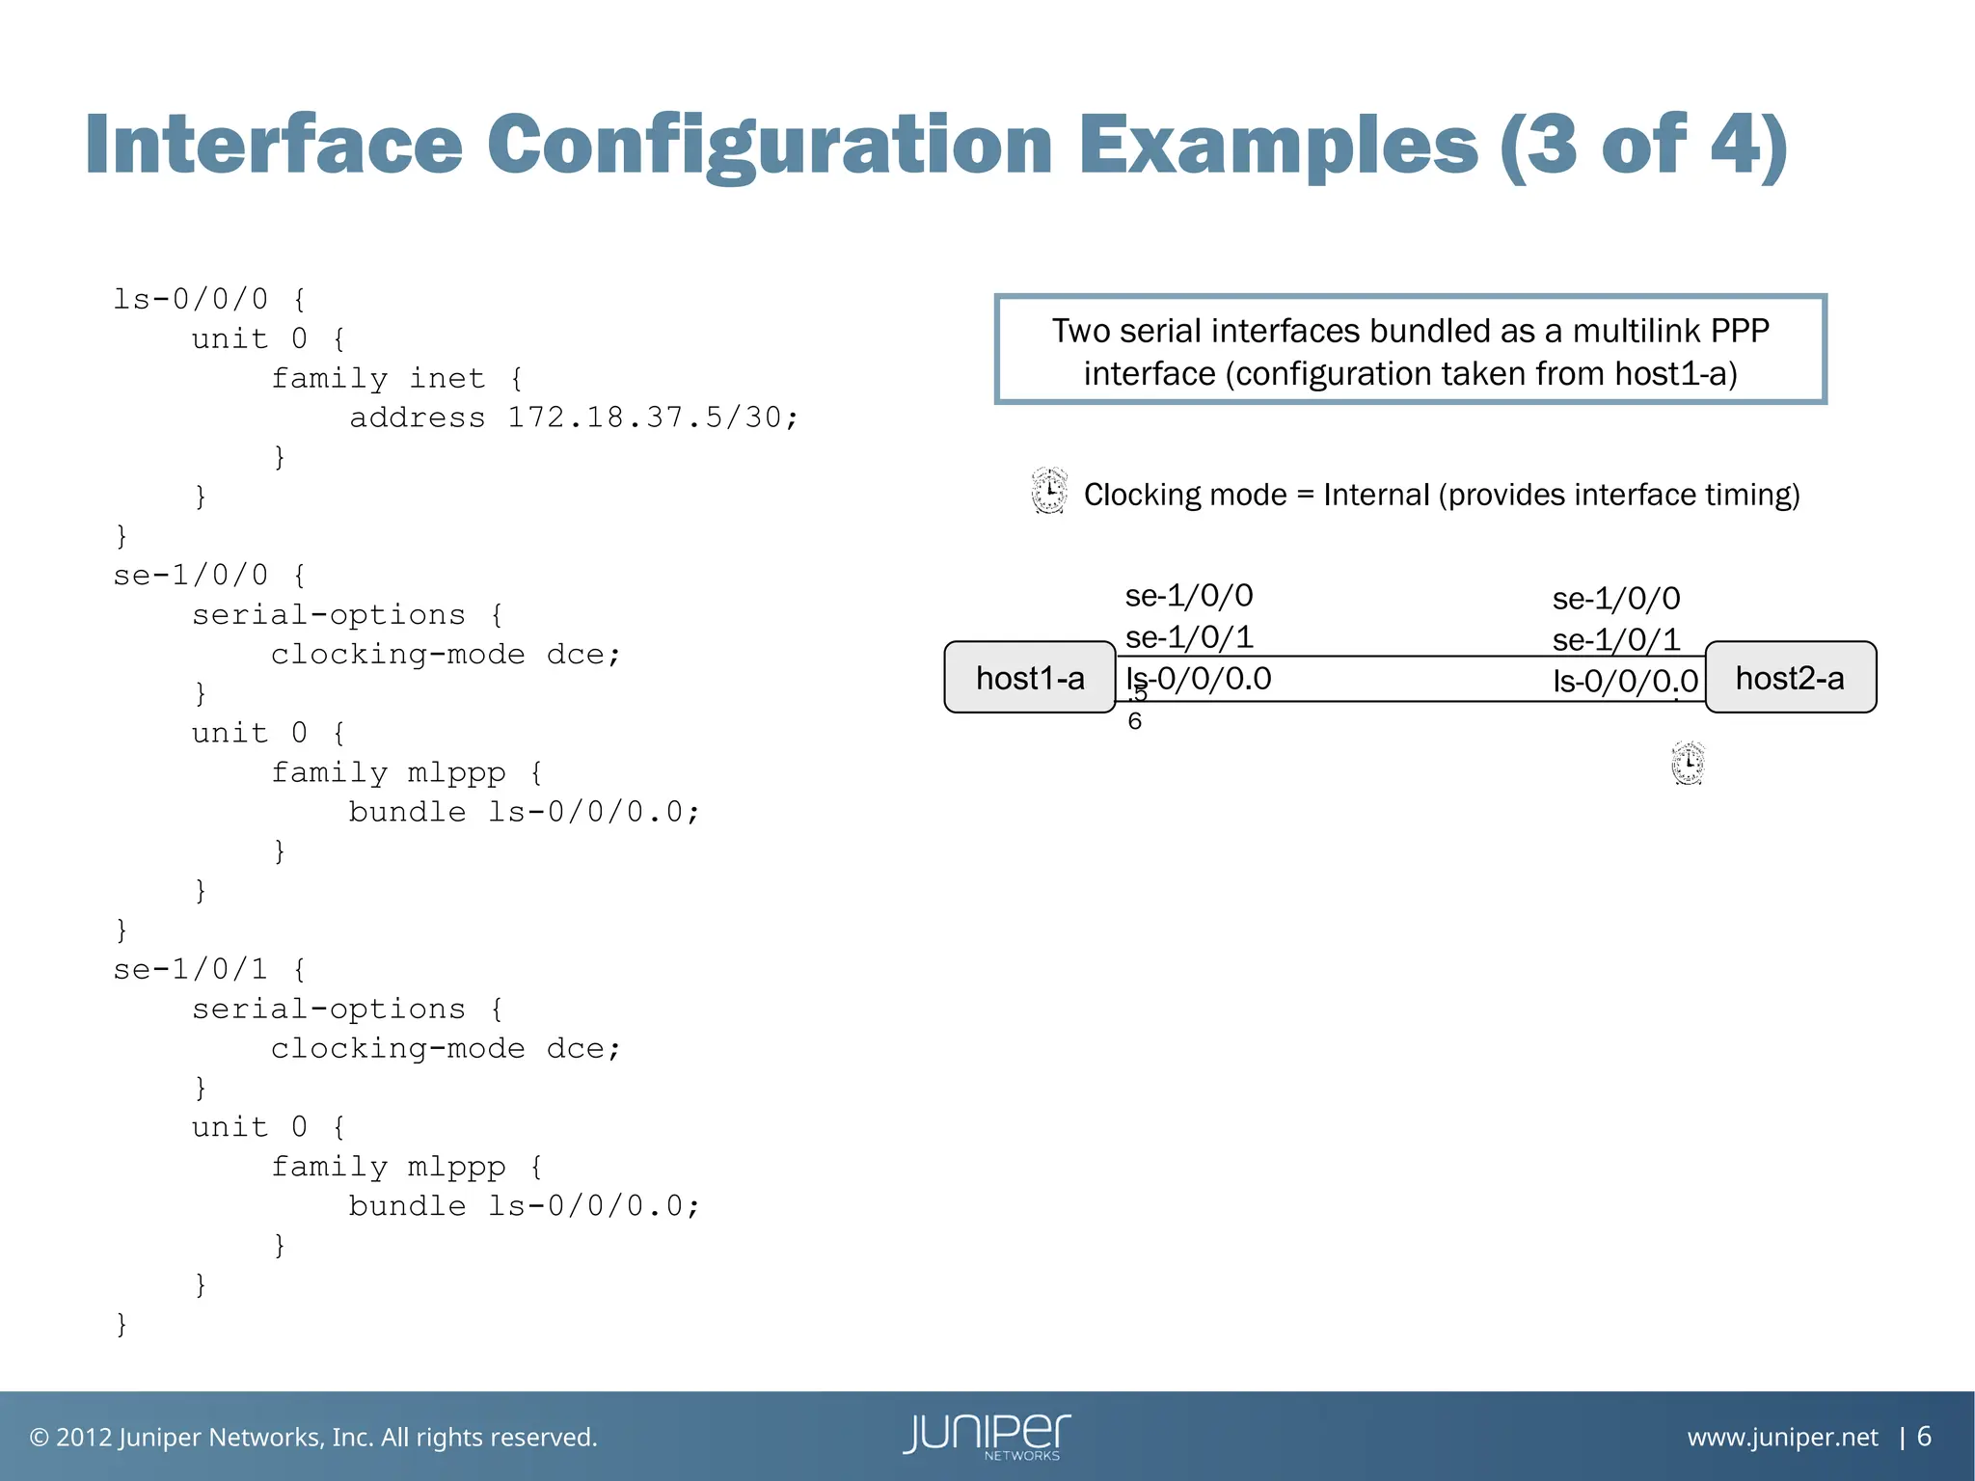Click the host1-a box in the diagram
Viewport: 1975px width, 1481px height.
point(1030,678)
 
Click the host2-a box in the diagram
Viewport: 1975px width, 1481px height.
point(1790,678)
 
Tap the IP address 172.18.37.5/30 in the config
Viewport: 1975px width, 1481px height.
point(653,417)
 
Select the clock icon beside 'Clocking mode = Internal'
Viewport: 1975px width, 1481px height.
point(1049,491)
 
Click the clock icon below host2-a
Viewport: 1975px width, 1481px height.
point(1688,764)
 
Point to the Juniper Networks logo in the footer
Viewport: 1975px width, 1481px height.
point(987,1436)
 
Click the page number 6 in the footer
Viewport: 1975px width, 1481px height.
point(1924,1437)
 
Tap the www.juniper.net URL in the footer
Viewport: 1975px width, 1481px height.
point(1782,1437)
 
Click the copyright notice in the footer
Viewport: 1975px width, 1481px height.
point(313,1437)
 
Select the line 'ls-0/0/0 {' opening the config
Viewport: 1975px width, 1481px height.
point(209,299)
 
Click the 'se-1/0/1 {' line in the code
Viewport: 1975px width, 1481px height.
point(209,969)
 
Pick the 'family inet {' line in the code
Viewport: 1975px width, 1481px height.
point(396,378)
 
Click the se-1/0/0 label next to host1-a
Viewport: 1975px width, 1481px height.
point(1189,596)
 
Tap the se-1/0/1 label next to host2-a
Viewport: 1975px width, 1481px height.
point(1616,640)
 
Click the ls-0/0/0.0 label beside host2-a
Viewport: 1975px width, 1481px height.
point(1625,682)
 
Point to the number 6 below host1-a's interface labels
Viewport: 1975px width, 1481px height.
point(1135,721)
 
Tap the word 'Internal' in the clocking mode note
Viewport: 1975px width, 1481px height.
point(1375,495)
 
